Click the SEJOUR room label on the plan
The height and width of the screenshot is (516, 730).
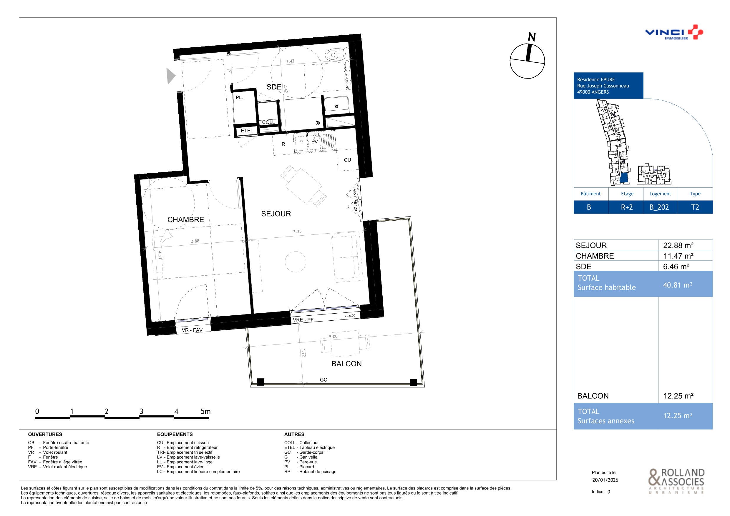(x=276, y=214)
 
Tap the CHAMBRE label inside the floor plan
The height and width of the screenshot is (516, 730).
(x=186, y=219)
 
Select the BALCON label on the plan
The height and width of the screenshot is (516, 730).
(x=346, y=364)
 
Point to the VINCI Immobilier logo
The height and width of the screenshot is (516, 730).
(x=674, y=32)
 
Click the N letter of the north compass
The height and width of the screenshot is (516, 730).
(x=532, y=37)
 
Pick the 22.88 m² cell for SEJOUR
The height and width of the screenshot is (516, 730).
(x=678, y=245)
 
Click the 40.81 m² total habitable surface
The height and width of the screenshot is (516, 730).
(x=678, y=285)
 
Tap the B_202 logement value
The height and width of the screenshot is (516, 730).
(x=659, y=207)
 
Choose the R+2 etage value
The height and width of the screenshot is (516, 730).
(x=627, y=207)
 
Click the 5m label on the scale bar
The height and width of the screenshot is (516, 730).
(x=206, y=412)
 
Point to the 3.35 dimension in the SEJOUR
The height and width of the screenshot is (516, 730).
(x=297, y=232)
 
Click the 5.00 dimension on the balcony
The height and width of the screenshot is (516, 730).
(x=333, y=337)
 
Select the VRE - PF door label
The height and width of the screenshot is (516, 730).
(x=303, y=320)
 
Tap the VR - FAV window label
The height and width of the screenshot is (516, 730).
(x=192, y=330)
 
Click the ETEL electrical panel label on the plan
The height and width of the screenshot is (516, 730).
(x=247, y=131)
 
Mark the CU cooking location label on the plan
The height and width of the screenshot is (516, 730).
(x=348, y=160)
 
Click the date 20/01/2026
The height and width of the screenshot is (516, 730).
(x=605, y=480)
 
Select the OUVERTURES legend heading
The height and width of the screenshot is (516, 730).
(x=45, y=434)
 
